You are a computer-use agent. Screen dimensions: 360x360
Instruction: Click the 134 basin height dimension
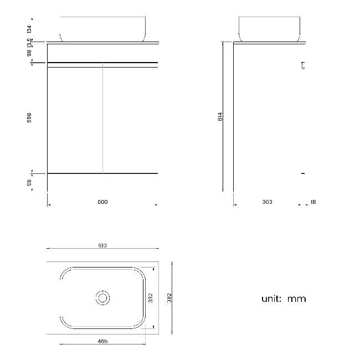[x=29, y=29]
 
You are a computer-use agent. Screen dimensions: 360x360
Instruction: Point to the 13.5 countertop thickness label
[x=29, y=42]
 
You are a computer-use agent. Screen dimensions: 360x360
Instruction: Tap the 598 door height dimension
[x=29, y=117]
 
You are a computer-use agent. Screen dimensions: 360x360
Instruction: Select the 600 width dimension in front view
[x=102, y=202]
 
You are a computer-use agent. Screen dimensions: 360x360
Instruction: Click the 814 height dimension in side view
[x=220, y=117]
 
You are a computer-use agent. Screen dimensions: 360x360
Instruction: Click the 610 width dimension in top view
[x=102, y=245]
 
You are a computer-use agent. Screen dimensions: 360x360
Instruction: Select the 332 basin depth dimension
[x=150, y=298]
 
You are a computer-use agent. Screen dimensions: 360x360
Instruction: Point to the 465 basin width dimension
[x=102, y=341]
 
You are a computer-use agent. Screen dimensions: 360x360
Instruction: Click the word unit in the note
[x=271, y=299]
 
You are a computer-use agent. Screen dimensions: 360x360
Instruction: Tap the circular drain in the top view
[x=102, y=298]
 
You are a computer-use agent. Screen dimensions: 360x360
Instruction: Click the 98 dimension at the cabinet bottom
[x=29, y=182]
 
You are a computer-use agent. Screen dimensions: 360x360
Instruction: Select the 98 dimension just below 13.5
[x=29, y=53]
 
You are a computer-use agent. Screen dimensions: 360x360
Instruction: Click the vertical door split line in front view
[x=103, y=119]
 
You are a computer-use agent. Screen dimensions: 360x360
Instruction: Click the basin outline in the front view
[x=103, y=29]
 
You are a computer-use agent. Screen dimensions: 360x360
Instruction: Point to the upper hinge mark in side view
[x=302, y=66]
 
